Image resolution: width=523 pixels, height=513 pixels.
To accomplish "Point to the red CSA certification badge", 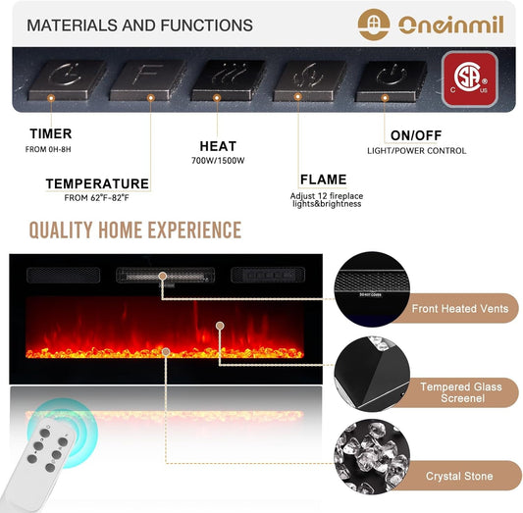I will pyautogui.click(x=470, y=77).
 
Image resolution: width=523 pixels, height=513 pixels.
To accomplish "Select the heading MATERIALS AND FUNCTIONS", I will pyautogui.click(x=139, y=26).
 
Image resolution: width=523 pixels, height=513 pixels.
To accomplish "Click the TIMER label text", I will pyautogui.click(x=50, y=133).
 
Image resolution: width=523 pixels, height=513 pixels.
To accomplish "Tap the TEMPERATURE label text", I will pyautogui.click(x=97, y=183).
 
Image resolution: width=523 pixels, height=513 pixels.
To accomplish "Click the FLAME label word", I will pyautogui.click(x=323, y=180).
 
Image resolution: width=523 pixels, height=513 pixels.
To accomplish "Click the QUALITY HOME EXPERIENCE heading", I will pyautogui.click(x=134, y=231).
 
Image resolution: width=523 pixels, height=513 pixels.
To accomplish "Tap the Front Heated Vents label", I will pyautogui.click(x=460, y=309).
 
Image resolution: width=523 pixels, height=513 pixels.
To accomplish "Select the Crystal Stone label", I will pyautogui.click(x=460, y=476).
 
